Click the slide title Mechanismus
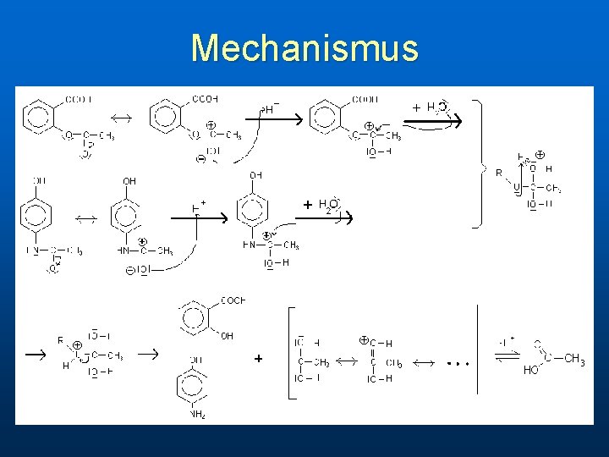tap(304, 48)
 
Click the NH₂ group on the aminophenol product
tap(198, 414)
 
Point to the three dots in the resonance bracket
tap(457, 362)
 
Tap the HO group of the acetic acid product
tap(531, 370)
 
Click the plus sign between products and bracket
tap(258, 359)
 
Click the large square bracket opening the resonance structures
tap(292, 350)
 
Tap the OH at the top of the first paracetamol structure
tap(40, 180)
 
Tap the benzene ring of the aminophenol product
tap(192, 384)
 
